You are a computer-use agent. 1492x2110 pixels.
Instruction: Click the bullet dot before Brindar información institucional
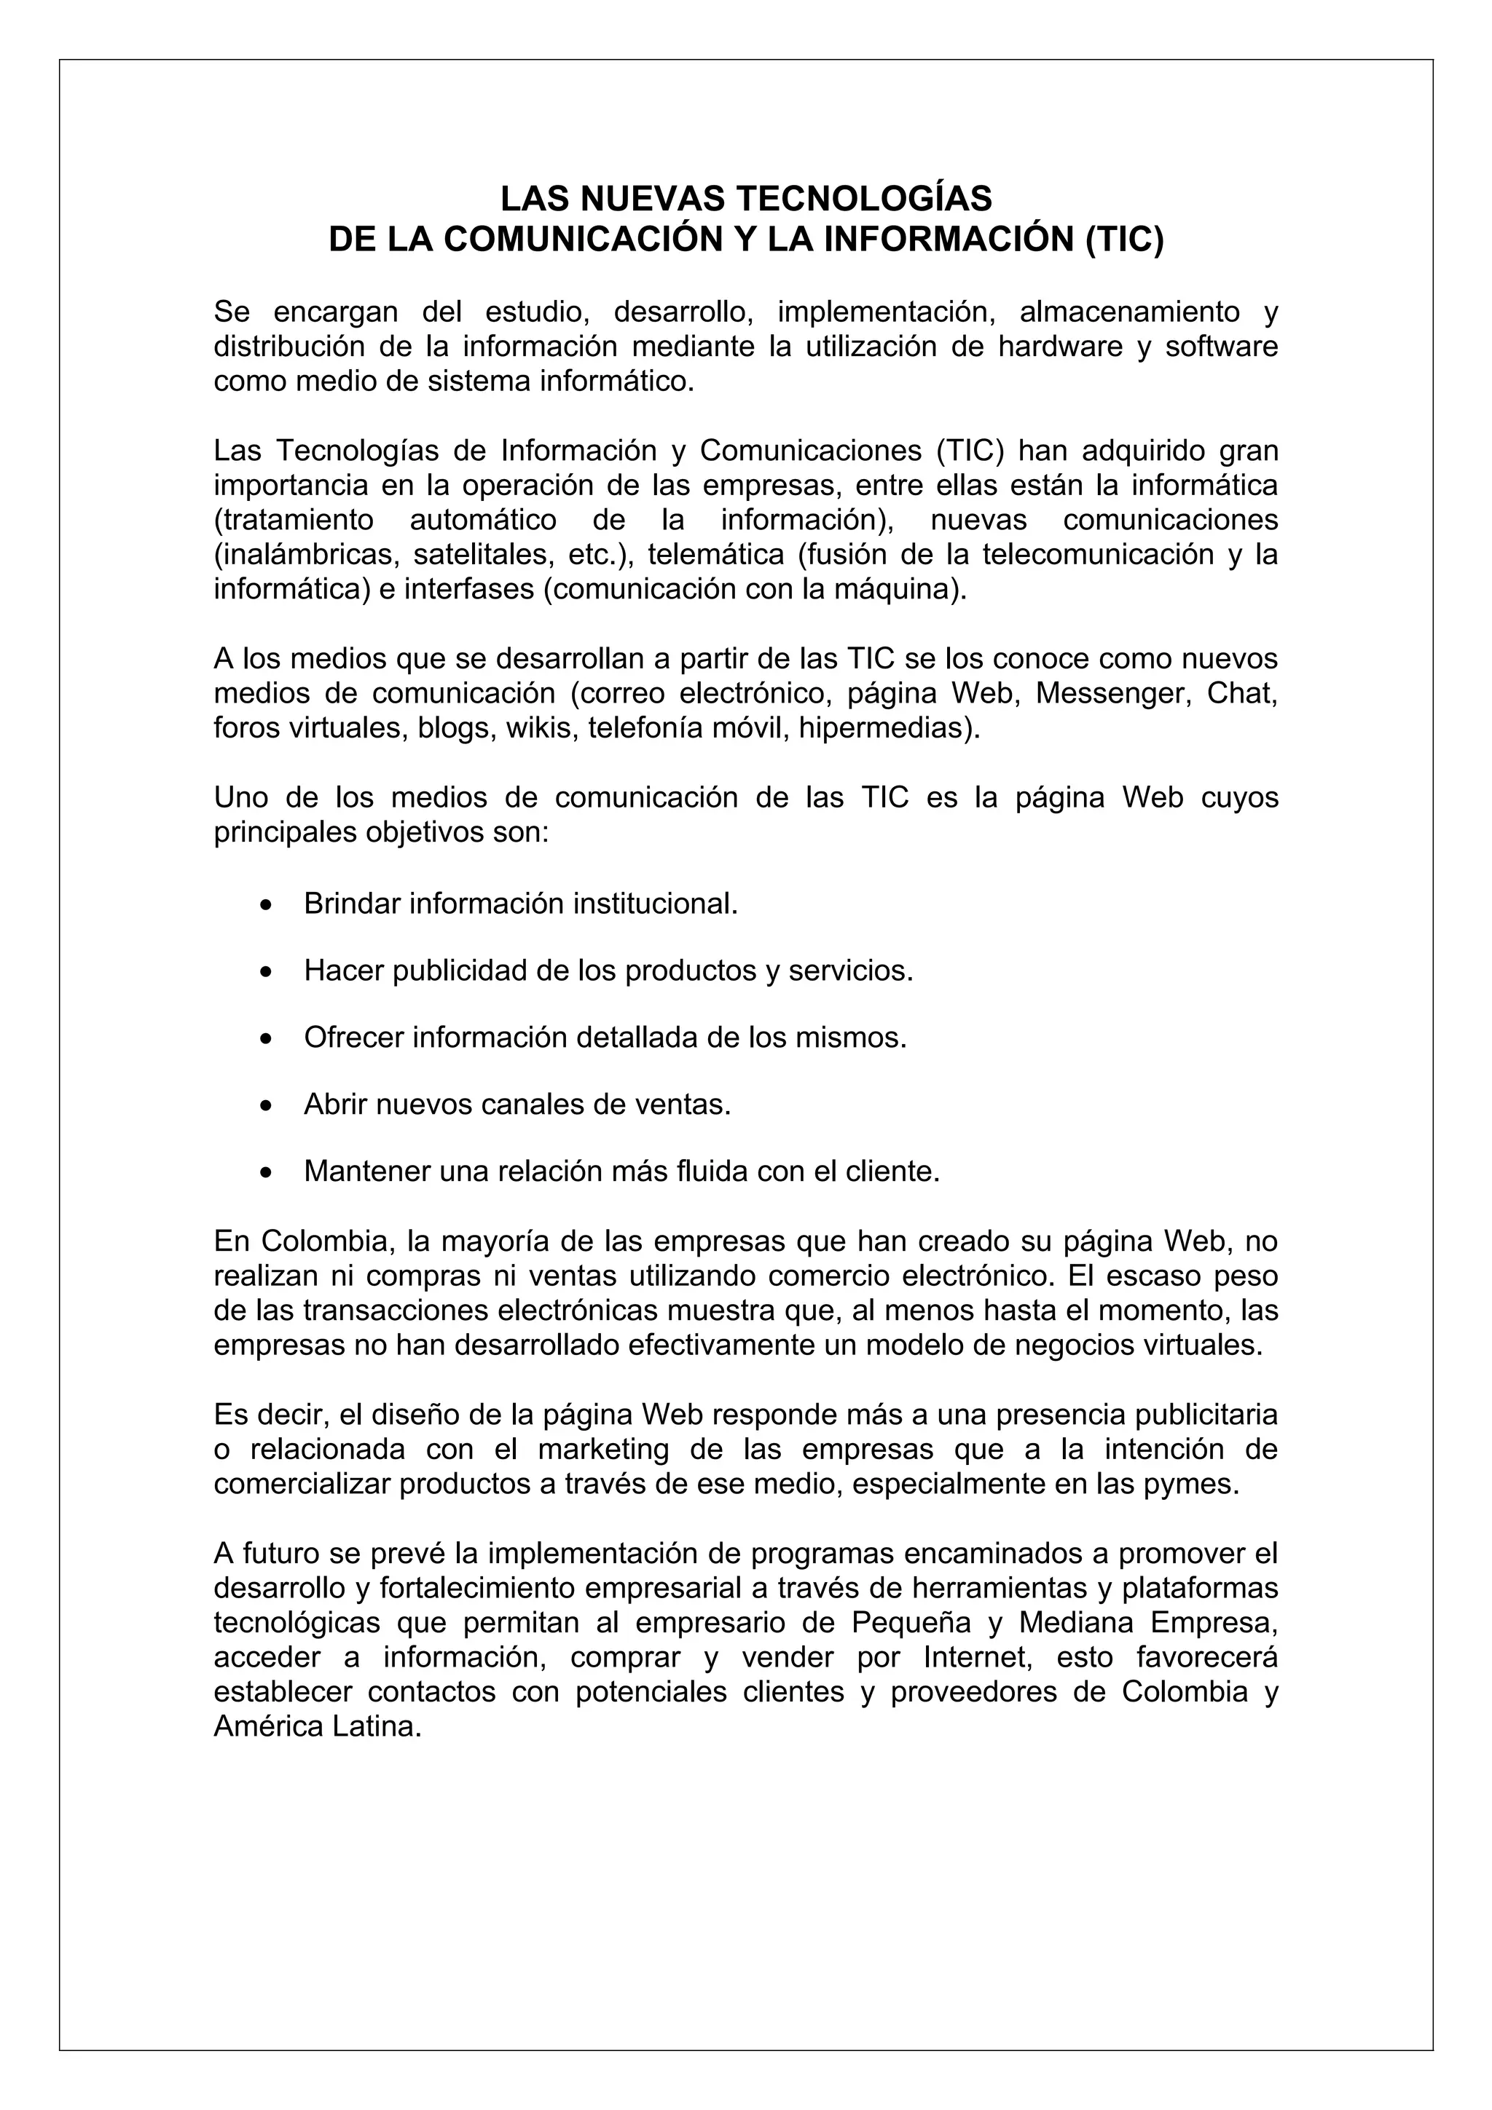coord(267,904)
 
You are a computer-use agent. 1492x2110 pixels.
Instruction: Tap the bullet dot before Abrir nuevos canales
coord(267,1105)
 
